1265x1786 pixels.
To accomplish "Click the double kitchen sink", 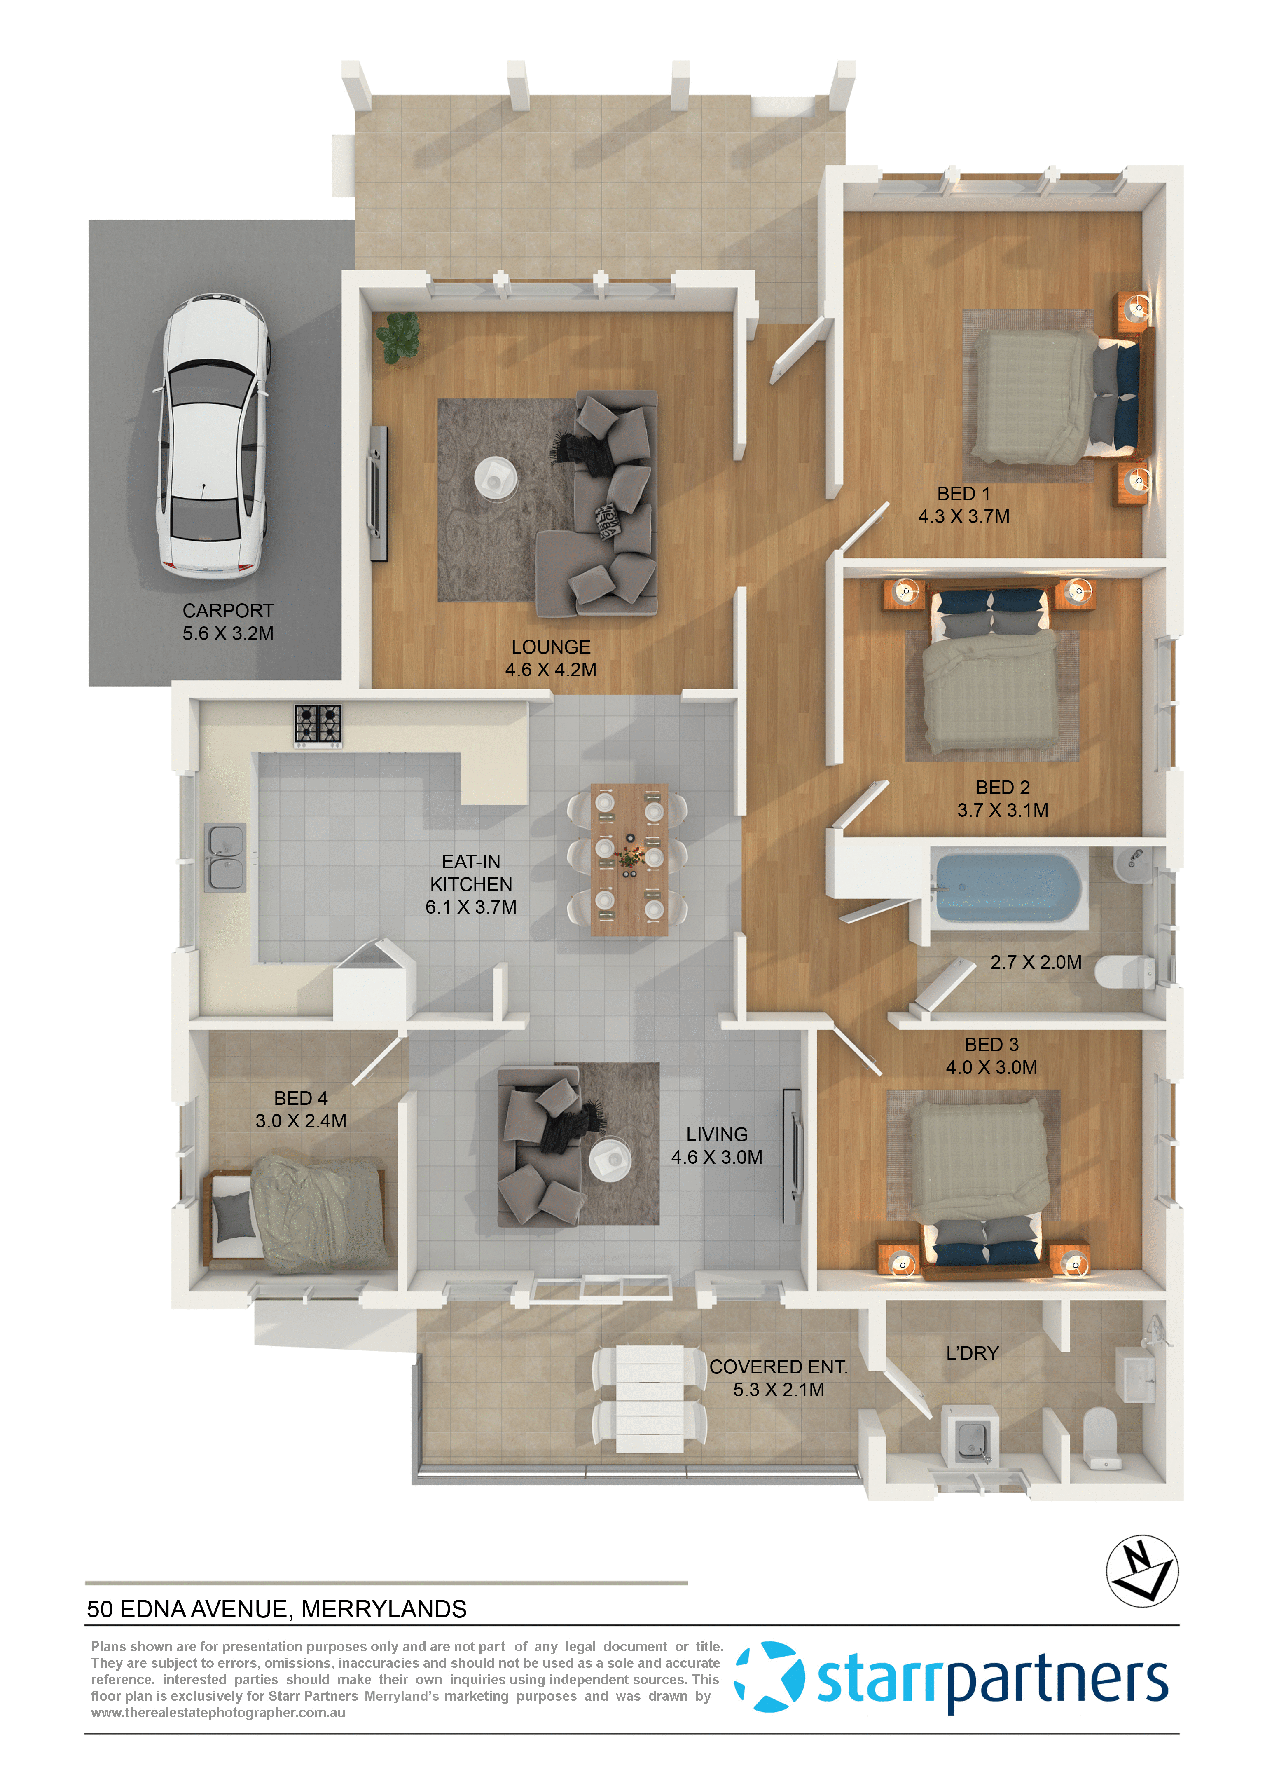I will [226, 857].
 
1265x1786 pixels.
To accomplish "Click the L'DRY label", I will [972, 1354].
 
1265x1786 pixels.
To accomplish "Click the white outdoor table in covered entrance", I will [650, 1399].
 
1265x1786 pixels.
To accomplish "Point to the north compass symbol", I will [1142, 1571].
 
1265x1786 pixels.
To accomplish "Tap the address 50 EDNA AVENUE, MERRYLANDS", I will [276, 1609].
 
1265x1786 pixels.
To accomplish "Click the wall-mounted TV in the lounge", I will [379, 493].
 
